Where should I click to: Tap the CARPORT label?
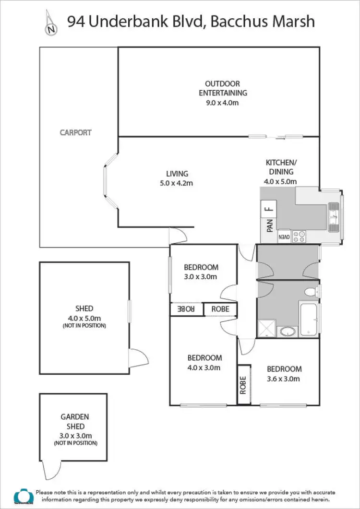[x=75, y=132]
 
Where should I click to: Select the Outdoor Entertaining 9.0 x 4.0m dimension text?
[x=219, y=102]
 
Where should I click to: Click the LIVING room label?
[x=177, y=174]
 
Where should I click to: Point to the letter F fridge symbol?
[x=269, y=209]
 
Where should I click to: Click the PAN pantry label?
[x=269, y=225]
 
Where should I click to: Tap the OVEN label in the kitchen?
[x=284, y=237]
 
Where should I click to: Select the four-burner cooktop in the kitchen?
[x=300, y=237]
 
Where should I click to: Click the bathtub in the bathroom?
[x=309, y=319]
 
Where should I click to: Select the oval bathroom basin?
[x=287, y=331]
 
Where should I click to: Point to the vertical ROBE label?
[x=243, y=384]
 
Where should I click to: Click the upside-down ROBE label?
[x=187, y=309]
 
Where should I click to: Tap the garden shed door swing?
[x=50, y=470]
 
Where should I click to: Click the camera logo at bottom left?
[x=22, y=496]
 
